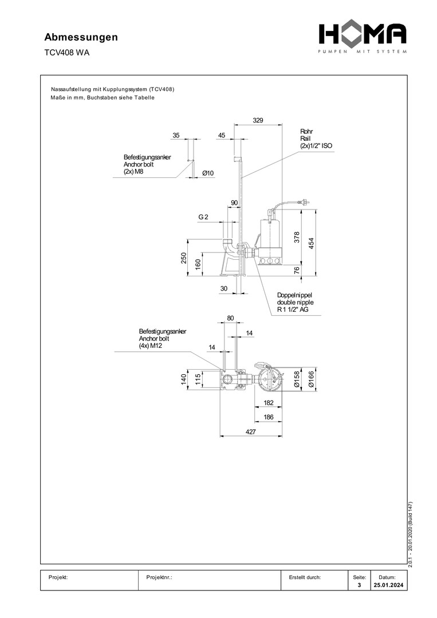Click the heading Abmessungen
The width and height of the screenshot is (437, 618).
pyautogui.click(x=81, y=37)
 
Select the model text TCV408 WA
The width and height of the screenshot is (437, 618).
pyautogui.click(x=66, y=53)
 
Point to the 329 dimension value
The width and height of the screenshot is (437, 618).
pyautogui.click(x=258, y=120)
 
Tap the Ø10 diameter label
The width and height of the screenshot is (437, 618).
pyautogui.click(x=208, y=173)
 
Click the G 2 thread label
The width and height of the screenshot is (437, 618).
pyautogui.click(x=203, y=217)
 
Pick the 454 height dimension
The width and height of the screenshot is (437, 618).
pyautogui.click(x=311, y=243)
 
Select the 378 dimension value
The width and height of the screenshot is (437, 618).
pyautogui.click(x=297, y=237)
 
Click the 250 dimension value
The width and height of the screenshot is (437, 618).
pyautogui.click(x=184, y=258)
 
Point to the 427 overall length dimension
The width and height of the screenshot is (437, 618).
pyautogui.click(x=251, y=431)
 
